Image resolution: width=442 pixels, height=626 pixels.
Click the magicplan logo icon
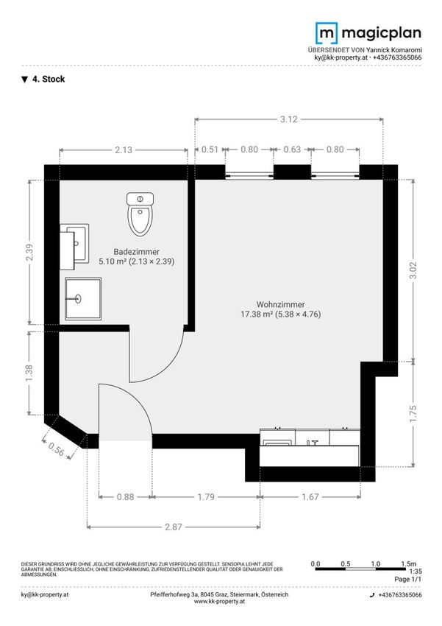point(327,33)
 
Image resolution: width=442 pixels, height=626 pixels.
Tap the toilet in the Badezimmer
point(140,214)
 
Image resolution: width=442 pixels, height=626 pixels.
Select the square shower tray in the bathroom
point(83,299)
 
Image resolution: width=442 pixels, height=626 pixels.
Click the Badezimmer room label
point(137,252)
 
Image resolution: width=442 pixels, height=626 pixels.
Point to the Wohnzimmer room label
point(281,305)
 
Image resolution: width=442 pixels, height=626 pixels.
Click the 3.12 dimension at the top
point(288,119)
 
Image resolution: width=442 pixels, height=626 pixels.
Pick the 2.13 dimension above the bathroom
point(124,150)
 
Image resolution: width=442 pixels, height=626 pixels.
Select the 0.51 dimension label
point(210,150)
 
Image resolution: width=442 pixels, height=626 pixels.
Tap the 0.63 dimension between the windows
point(292,150)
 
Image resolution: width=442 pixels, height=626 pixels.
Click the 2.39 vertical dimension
point(29,253)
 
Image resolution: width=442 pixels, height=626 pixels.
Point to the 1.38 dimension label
point(29,373)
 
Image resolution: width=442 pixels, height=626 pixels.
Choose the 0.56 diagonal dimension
point(56,449)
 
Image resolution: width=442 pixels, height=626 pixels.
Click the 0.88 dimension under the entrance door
point(125,497)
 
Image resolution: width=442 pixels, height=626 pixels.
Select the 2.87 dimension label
point(174,527)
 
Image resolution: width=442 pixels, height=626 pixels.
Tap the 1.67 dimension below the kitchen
point(310,497)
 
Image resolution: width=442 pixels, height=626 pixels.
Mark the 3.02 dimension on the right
point(413,270)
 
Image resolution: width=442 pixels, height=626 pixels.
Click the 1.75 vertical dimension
point(413,414)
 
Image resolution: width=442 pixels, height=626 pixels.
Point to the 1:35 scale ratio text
point(416,572)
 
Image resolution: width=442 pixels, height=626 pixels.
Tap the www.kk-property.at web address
point(219,601)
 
